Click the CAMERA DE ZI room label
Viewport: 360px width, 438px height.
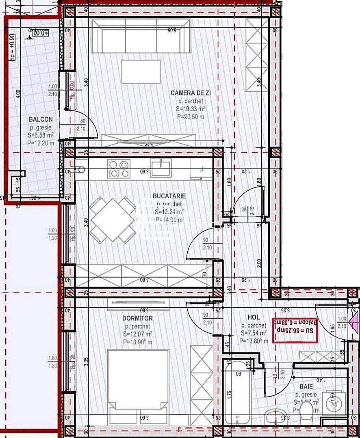191,93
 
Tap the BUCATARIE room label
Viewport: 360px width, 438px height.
169,196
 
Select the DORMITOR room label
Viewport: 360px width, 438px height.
137,318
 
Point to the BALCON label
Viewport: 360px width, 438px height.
40,119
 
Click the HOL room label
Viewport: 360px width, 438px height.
254,317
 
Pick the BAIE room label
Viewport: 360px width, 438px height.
306,386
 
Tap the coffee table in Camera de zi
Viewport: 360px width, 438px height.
141,72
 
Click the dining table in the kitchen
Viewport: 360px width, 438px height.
112,220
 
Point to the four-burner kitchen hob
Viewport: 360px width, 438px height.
119,169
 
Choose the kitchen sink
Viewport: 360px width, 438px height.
161,167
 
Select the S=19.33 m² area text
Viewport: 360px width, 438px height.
191,109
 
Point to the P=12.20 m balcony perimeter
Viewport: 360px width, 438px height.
40,143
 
